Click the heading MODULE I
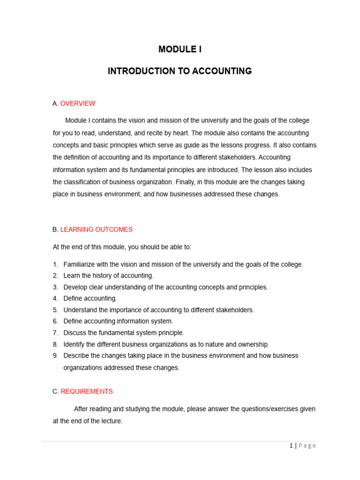[180, 49]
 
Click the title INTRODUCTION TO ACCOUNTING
[180, 71]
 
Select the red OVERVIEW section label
[78, 104]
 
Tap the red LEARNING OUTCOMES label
[97, 230]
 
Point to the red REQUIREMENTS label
[87, 391]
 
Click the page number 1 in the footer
[291, 446]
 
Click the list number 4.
[55, 299]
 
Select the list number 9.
[55, 356]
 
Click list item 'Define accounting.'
[90, 299]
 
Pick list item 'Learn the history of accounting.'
[109, 276]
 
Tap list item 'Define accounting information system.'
[119, 321]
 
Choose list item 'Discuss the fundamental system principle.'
[124, 333]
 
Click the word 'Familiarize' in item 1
[80, 264]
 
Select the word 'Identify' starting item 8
[75, 345]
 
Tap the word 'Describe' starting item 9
[77, 356]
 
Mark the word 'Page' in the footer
[307, 446]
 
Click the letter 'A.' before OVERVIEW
[55, 104]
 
